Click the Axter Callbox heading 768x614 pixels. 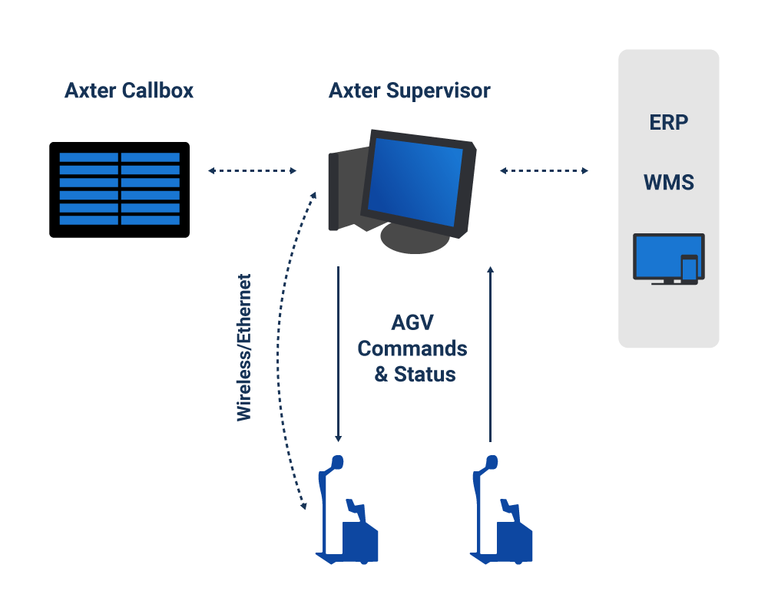click(x=129, y=91)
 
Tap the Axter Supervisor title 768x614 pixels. click(x=409, y=91)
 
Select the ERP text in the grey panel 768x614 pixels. click(x=669, y=122)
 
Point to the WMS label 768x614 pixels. click(x=669, y=182)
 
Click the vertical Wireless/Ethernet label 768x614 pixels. click(x=244, y=347)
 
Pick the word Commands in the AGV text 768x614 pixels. click(x=412, y=348)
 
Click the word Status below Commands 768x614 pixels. click(x=425, y=375)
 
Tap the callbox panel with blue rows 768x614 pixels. click(x=120, y=190)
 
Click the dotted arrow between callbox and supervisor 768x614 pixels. click(x=252, y=171)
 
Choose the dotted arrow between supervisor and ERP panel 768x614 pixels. click(x=544, y=171)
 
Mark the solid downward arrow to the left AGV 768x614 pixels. click(x=339, y=354)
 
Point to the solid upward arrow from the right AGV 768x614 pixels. click(x=490, y=354)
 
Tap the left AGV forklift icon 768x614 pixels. click(x=347, y=510)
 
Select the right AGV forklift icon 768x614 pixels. click(x=501, y=510)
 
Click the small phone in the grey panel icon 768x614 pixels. click(x=690, y=269)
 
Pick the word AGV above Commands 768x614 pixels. click(x=412, y=322)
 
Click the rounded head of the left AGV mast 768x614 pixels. click(x=337, y=462)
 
